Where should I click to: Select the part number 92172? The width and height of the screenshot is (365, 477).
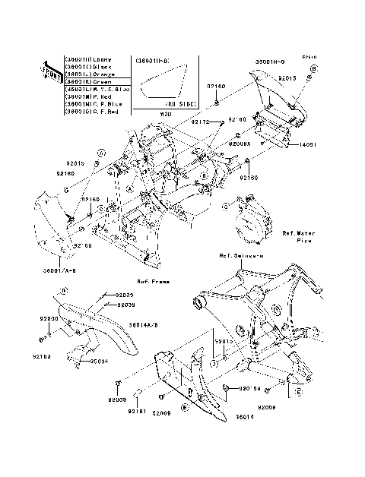click(200, 122)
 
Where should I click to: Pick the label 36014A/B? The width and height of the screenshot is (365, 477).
click(143, 324)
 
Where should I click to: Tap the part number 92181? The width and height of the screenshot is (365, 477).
click(136, 411)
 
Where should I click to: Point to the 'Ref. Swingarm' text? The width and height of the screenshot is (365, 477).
click(241, 256)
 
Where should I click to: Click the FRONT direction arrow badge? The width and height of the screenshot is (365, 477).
click(50, 71)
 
